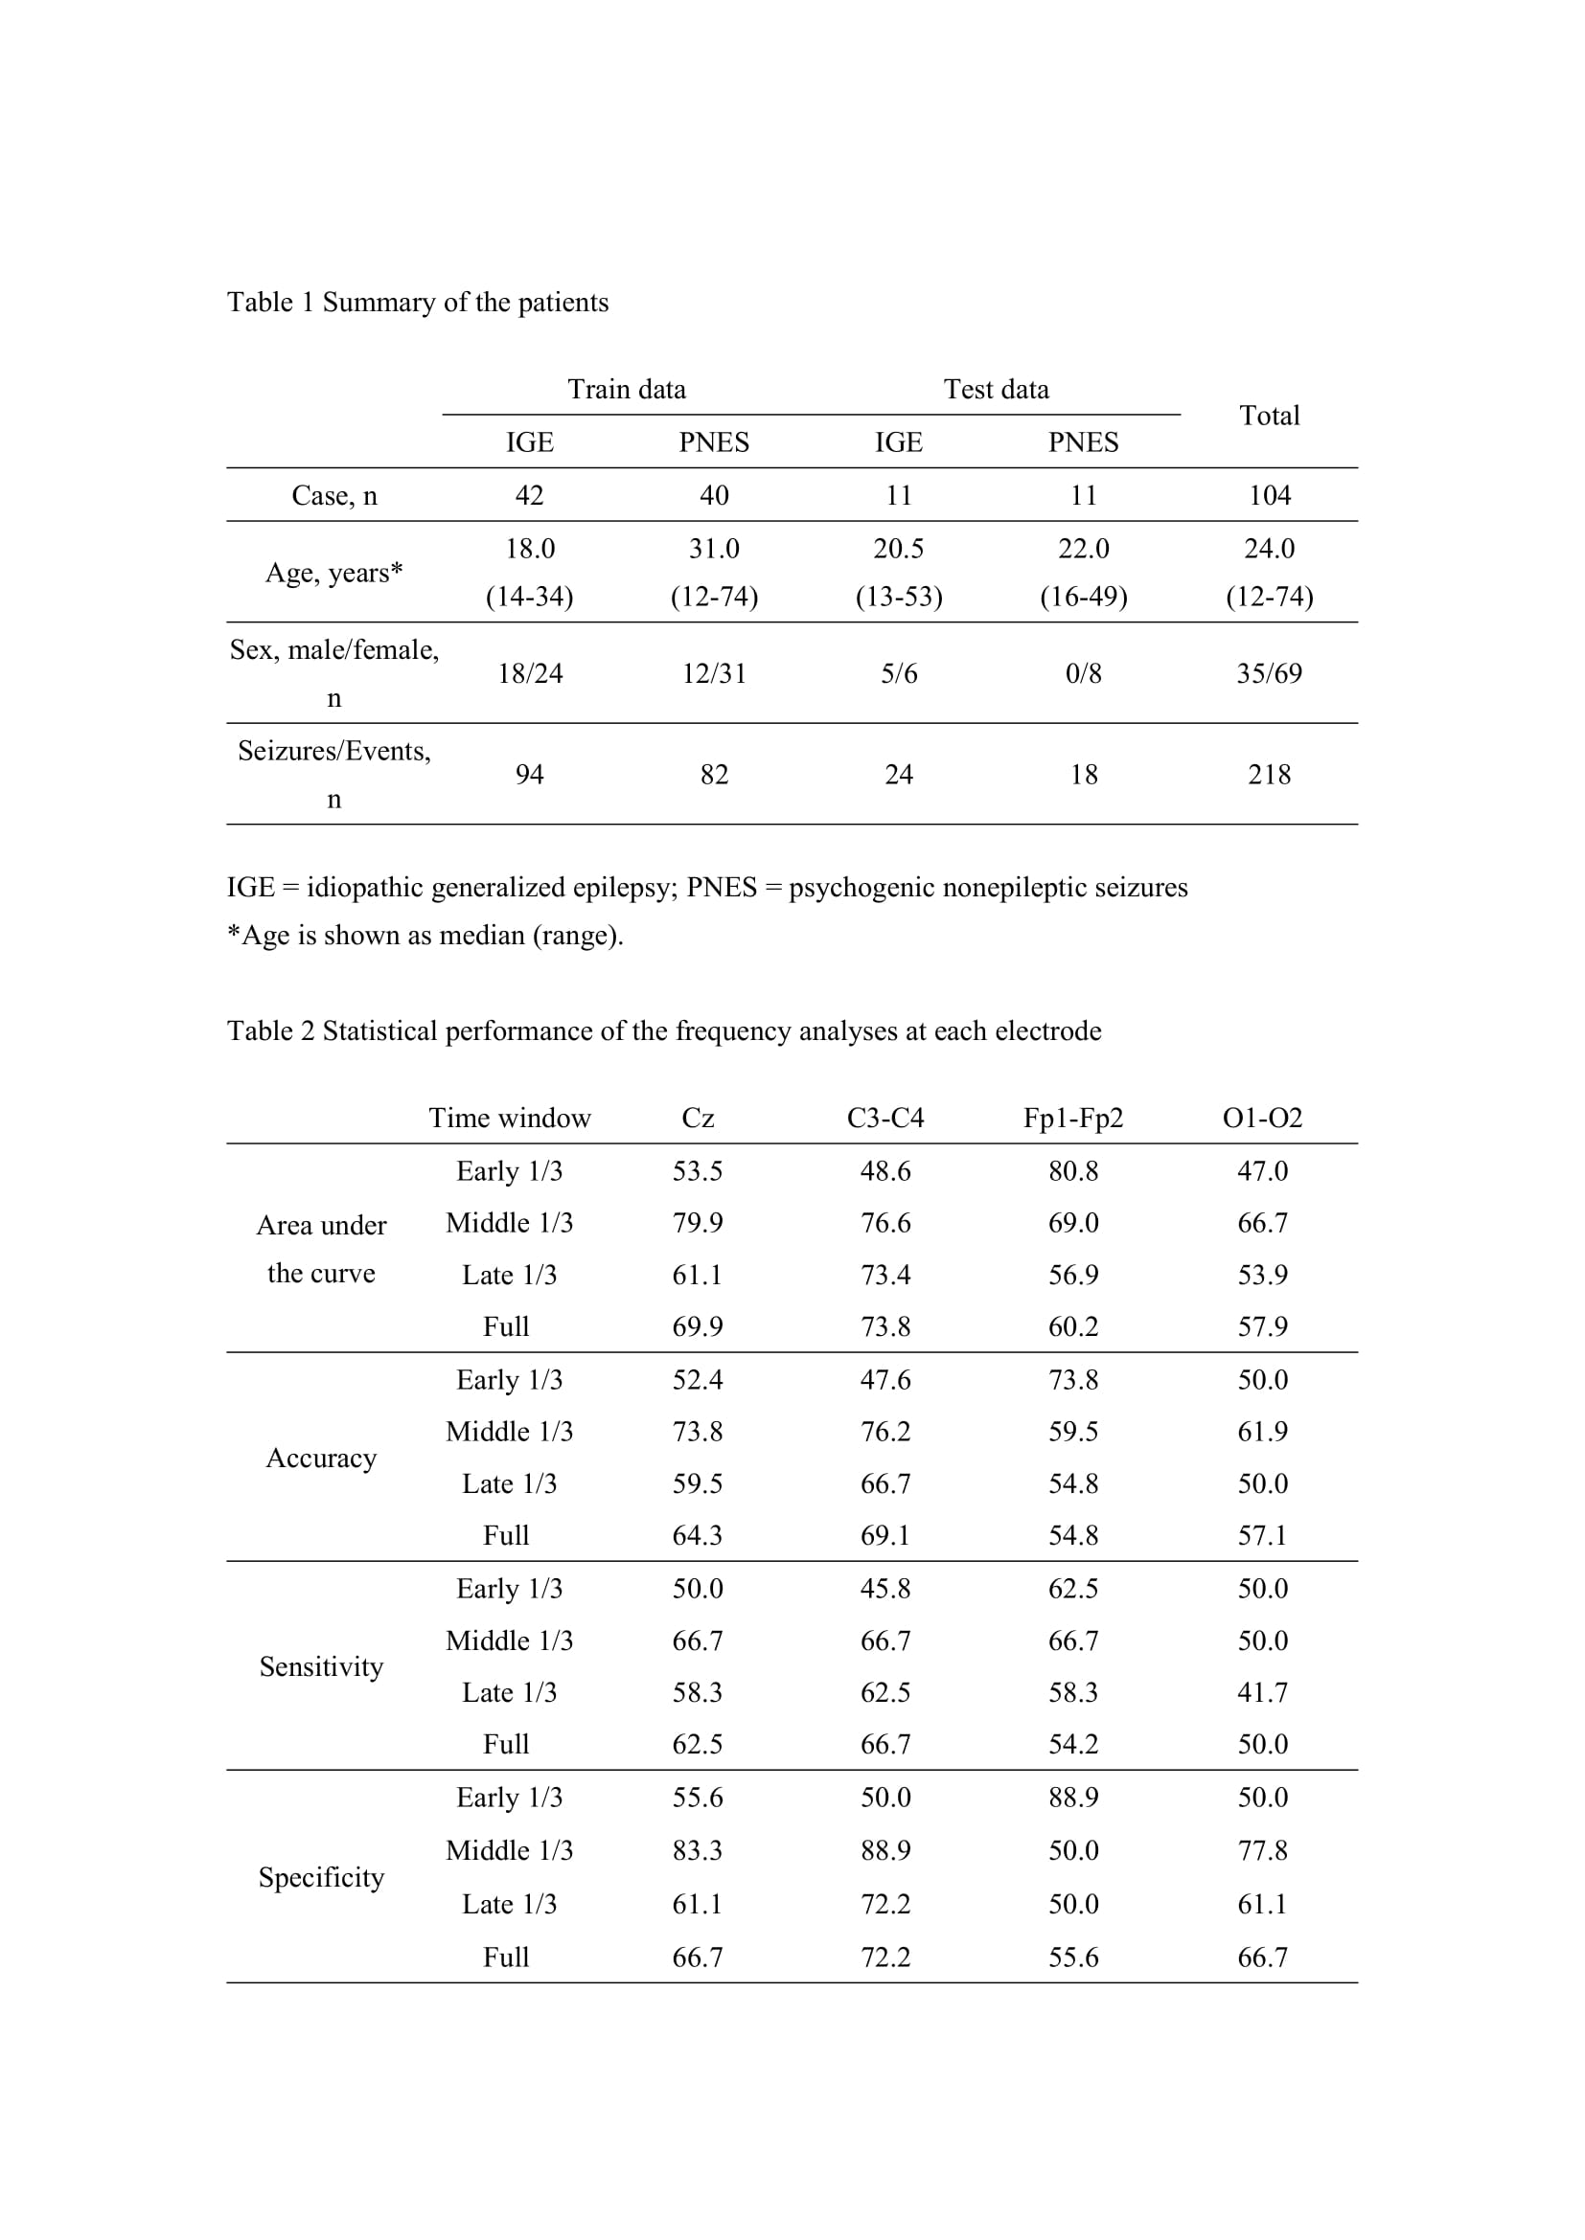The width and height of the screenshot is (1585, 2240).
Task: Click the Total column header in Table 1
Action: point(1269,416)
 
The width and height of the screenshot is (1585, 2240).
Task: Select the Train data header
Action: point(627,389)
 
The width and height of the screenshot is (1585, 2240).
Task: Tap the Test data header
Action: point(996,389)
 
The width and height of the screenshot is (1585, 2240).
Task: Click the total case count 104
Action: point(1269,496)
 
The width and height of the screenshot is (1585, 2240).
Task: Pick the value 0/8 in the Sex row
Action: point(1084,673)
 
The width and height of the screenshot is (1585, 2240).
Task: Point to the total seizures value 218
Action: point(1269,775)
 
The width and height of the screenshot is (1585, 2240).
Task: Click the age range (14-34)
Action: point(529,596)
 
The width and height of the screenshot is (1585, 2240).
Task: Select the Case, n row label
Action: point(333,496)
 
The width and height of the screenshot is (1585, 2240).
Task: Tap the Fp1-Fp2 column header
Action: point(1072,1118)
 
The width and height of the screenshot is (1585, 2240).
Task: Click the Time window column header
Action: point(510,1118)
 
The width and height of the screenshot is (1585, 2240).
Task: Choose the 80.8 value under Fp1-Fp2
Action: point(1072,1170)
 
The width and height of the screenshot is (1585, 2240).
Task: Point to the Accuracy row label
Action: point(321,1458)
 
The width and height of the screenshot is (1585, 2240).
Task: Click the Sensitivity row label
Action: point(321,1666)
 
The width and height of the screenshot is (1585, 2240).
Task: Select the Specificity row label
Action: point(321,1877)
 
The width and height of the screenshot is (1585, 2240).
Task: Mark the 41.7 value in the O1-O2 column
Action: point(1262,1692)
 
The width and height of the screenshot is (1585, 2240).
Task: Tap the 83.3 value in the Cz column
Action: point(697,1851)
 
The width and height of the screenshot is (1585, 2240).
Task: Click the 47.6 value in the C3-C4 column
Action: point(885,1379)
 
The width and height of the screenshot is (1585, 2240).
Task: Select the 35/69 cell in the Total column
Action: point(1269,673)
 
